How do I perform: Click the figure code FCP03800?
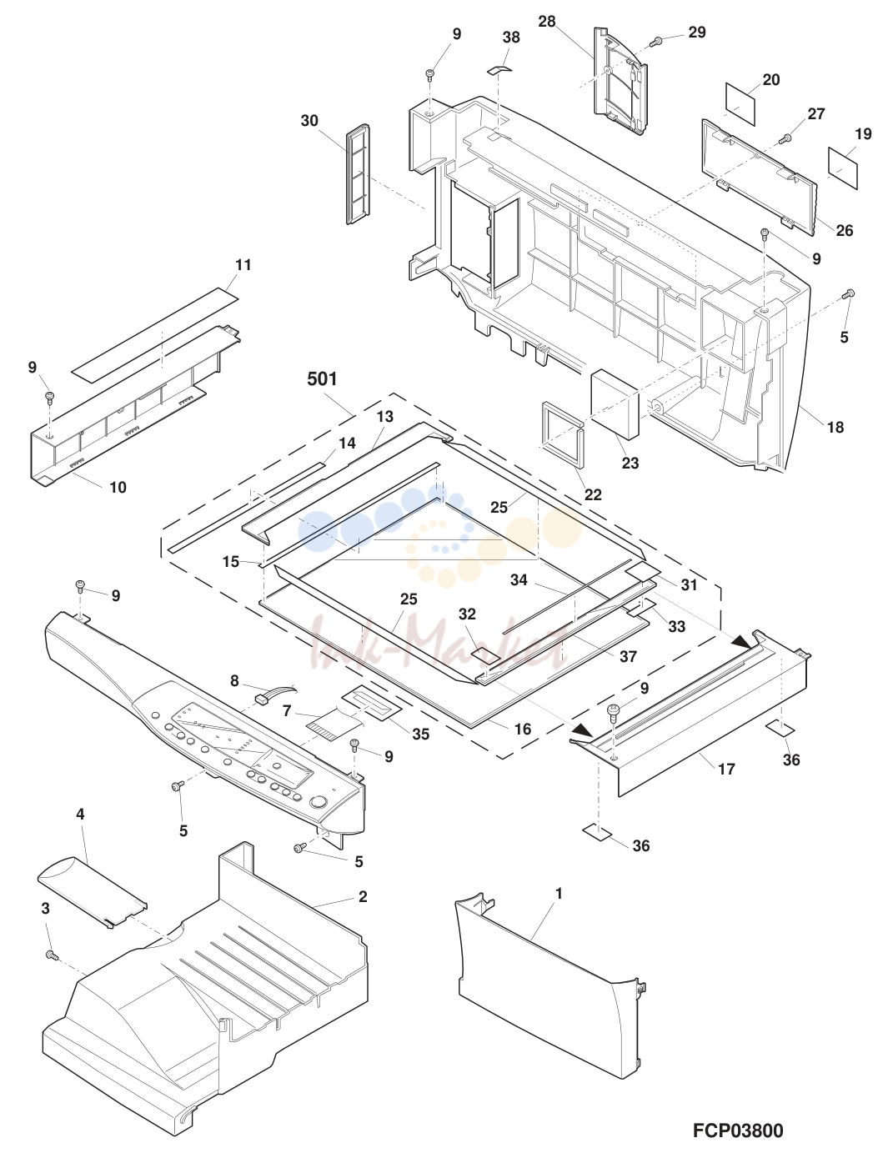(738, 1130)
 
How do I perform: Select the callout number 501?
(322, 378)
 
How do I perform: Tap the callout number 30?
(309, 121)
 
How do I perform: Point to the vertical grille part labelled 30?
(359, 174)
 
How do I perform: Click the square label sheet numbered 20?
(740, 103)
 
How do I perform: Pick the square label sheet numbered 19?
(843, 167)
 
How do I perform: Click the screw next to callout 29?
(658, 41)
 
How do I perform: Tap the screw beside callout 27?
(786, 139)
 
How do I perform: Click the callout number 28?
(547, 22)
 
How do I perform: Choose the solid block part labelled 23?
(615, 404)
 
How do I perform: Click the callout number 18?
(835, 427)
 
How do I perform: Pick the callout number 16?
(523, 729)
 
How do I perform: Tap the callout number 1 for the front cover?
(559, 894)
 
